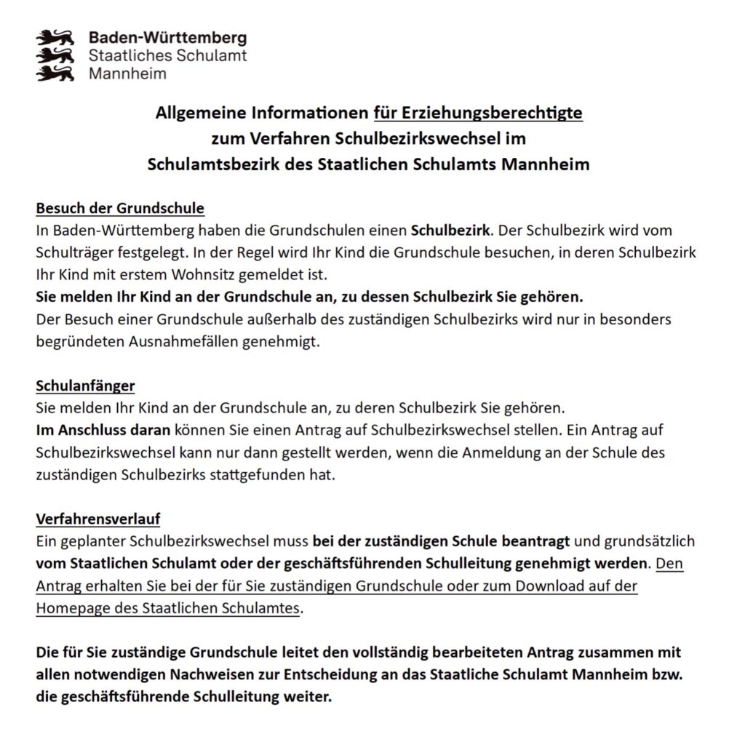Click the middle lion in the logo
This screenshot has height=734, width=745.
pos(57,55)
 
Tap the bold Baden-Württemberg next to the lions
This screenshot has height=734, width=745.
pos(167,38)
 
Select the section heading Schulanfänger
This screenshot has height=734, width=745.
pos(86,386)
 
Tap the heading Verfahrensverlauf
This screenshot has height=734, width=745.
pos(98,519)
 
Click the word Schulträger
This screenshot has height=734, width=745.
pos(70,254)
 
